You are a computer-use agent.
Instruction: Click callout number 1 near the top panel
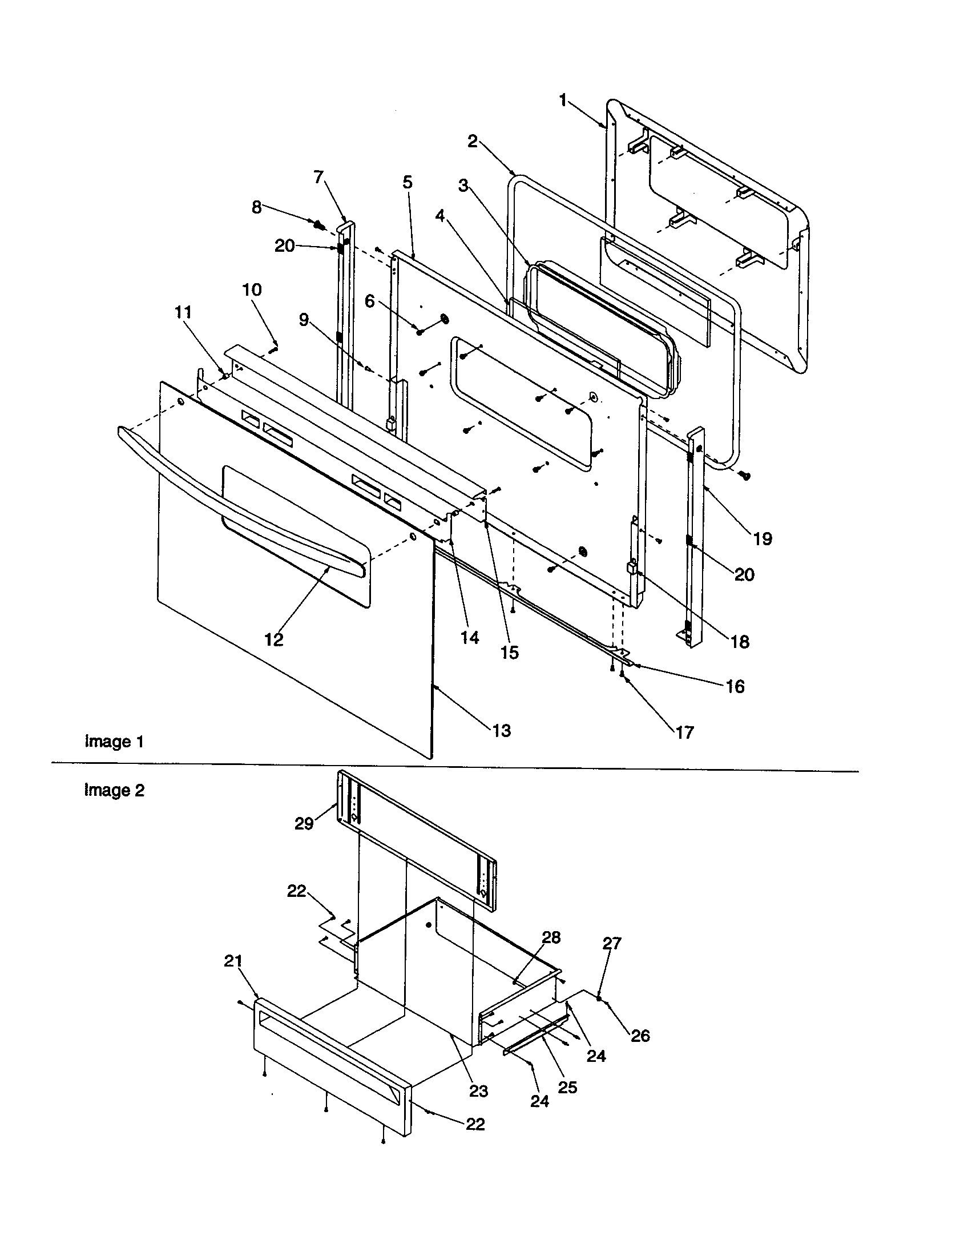click(x=563, y=100)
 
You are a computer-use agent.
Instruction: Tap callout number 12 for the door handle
click(x=273, y=639)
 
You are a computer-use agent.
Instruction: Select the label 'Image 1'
click(x=114, y=742)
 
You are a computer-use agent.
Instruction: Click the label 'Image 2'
click(x=114, y=791)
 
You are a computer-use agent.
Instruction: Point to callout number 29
click(x=304, y=824)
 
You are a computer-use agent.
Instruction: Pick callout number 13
click(x=501, y=730)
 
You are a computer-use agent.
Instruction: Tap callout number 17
click(x=684, y=732)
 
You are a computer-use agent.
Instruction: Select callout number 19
click(x=762, y=539)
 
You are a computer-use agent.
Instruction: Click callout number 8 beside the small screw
click(x=256, y=207)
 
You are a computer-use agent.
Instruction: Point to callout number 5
click(x=407, y=182)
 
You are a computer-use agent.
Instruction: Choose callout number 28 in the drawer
click(x=551, y=937)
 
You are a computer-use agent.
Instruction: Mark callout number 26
click(x=640, y=1035)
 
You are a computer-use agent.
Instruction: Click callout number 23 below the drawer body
click(x=478, y=1091)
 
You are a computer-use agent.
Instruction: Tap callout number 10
click(x=252, y=289)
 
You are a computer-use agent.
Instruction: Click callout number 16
click(x=735, y=686)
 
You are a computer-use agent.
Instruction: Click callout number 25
click(x=567, y=1088)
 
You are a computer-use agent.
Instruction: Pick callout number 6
click(x=370, y=301)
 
